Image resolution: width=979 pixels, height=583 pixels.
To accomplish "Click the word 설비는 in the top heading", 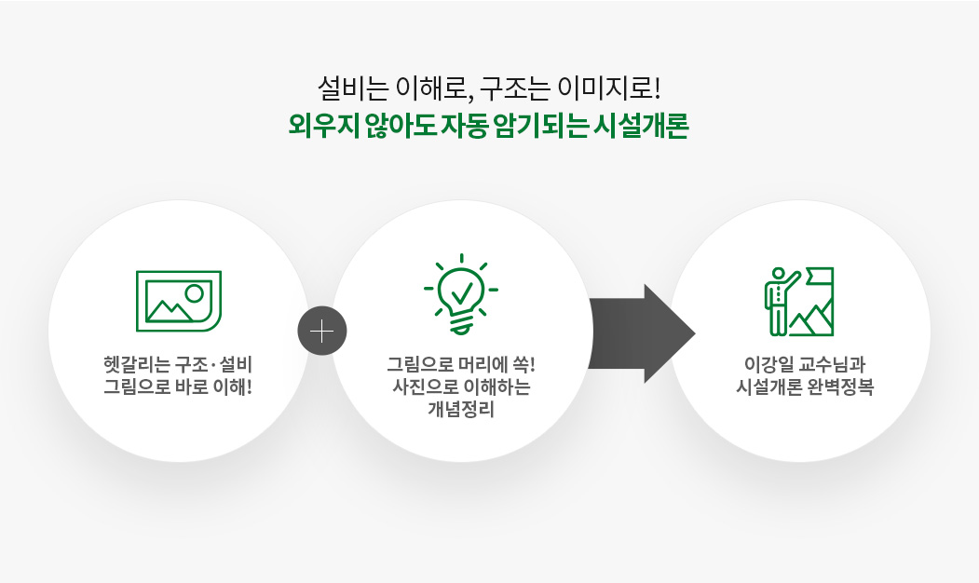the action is pyautogui.click(x=353, y=88).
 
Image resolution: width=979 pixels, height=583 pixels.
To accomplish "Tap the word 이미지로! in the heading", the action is pyautogui.click(x=609, y=88).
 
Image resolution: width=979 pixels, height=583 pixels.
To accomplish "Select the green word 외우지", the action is pyautogui.click(x=324, y=126).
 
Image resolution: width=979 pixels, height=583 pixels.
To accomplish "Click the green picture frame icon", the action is pyautogui.click(x=179, y=301).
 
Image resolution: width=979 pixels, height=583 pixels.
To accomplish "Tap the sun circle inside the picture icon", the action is pyautogui.click(x=195, y=293).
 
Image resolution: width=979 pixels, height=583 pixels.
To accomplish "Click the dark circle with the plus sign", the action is pyautogui.click(x=322, y=331).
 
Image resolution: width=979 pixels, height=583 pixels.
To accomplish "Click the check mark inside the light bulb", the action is pyautogui.click(x=461, y=291).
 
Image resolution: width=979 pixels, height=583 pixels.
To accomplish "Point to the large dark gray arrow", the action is pyautogui.click(x=642, y=333).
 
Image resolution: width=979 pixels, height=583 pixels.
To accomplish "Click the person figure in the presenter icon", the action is pyautogui.click(x=779, y=302).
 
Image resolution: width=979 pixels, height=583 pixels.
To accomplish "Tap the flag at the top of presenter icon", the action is pyautogui.click(x=820, y=277).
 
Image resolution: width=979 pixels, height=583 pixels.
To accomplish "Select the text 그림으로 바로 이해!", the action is pyautogui.click(x=178, y=387).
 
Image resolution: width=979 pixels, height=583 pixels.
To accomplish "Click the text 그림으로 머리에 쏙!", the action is pyautogui.click(x=461, y=364).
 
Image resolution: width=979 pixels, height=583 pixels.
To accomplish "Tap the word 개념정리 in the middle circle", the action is pyautogui.click(x=461, y=410).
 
